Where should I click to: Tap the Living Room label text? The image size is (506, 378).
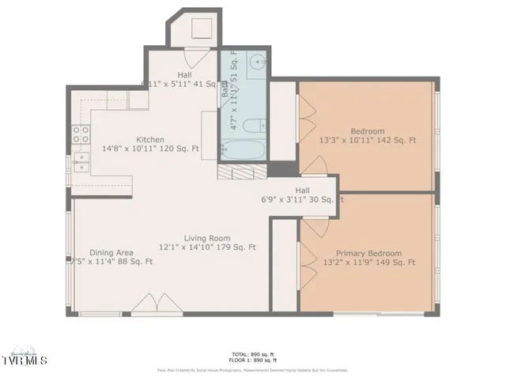207,237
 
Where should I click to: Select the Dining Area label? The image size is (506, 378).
105,252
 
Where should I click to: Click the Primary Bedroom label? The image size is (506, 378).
368,253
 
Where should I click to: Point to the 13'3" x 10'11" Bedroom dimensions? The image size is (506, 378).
368,141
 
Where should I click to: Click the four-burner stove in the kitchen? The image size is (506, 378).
81,134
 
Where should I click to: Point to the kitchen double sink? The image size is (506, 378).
80,162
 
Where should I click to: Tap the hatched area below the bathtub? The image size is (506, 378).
243,173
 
